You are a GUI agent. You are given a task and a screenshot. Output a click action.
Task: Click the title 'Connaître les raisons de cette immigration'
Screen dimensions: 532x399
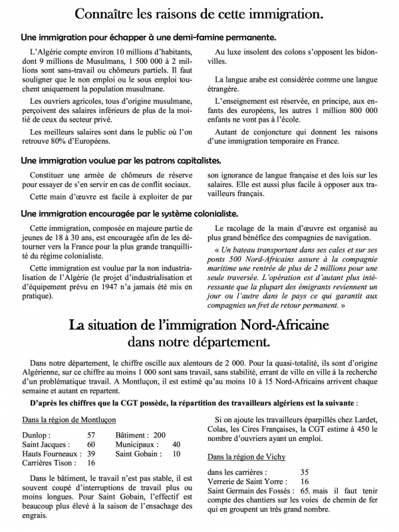pos(199,13)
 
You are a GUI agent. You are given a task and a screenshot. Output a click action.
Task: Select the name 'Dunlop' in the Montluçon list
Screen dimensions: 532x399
pos(35,434)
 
